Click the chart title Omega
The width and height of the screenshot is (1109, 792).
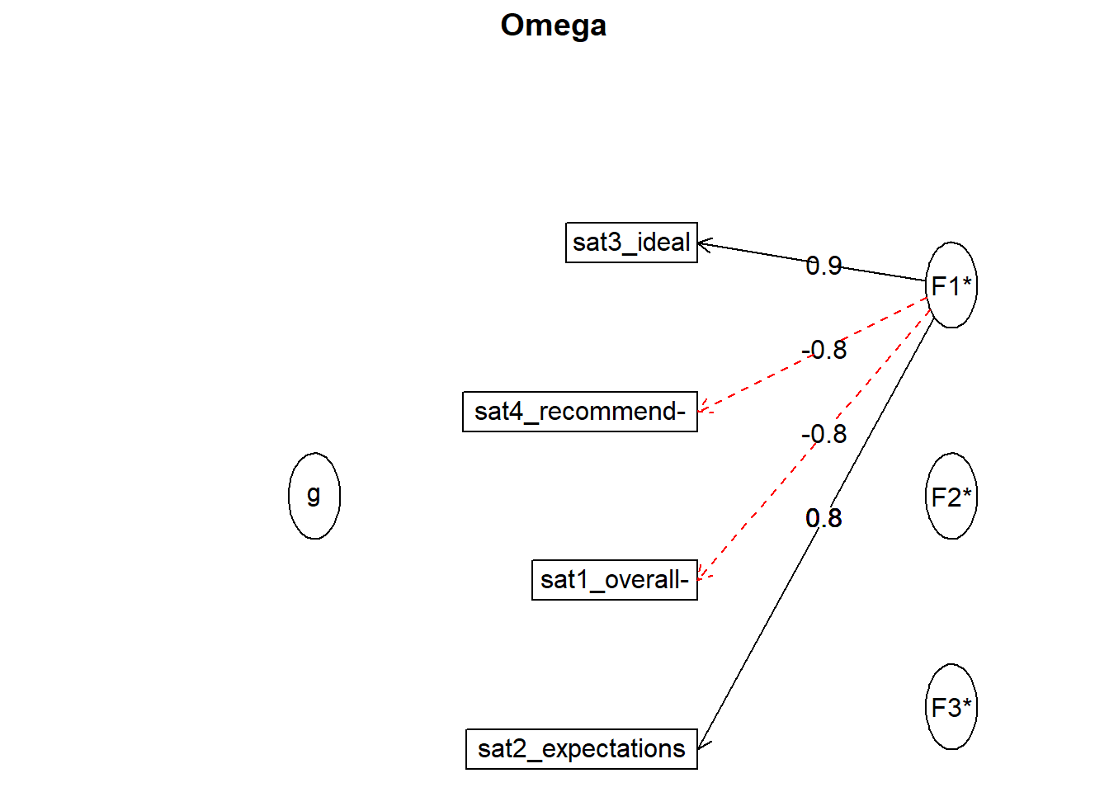click(553, 26)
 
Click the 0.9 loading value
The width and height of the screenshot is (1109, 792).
click(823, 266)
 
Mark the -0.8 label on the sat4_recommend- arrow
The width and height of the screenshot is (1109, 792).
click(823, 350)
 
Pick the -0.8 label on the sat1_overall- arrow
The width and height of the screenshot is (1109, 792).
click(823, 434)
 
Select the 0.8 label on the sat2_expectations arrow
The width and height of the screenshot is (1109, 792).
click(823, 518)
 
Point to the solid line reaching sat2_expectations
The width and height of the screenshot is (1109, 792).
click(816, 533)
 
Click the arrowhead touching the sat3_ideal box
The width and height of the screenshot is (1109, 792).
click(705, 244)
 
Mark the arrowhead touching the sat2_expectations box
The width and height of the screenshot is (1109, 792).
click(703, 743)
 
